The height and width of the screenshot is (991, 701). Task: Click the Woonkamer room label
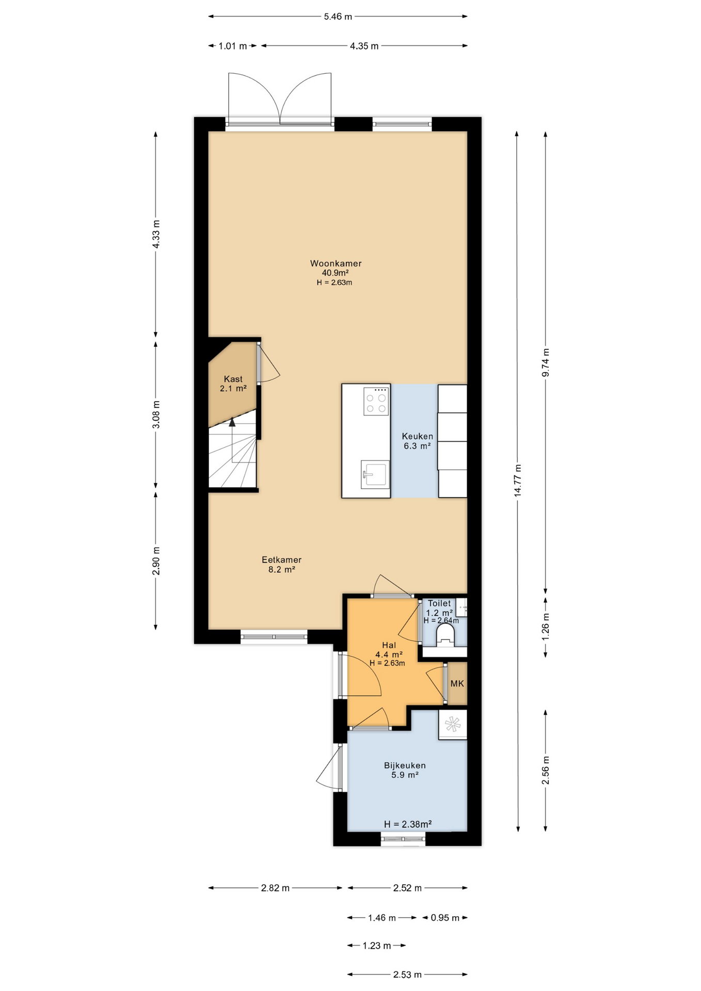[x=336, y=263]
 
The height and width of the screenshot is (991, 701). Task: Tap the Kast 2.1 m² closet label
[x=233, y=383]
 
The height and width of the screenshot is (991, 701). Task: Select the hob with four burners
[x=376, y=402]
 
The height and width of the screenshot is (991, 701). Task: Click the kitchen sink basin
[x=375, y=474]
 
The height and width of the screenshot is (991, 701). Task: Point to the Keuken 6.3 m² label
[x=417, y=441]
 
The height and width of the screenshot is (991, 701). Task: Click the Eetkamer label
[x=281, y=564]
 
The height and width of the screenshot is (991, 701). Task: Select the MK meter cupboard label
[x=457, y=683]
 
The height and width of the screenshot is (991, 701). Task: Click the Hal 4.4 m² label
[x=389, y=649]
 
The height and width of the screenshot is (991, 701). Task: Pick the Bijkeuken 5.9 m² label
[x=405, y=770]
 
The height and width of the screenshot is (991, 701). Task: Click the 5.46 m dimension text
[x=338, y=17]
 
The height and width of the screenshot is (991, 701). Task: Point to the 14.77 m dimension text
[x=518, y=480]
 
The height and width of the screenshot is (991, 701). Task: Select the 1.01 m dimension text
[x=232, y=46]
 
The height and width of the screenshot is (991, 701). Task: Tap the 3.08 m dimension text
[x=156, y=414]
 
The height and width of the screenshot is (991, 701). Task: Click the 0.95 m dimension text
[x=444, y=918]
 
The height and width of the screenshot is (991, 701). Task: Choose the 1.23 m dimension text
[x=376, y=946]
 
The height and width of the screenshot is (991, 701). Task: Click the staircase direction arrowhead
[x=232, y=422]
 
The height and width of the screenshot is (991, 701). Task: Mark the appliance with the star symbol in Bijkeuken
[x=453, y=724]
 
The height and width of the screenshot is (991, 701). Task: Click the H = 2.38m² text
[x=407, y=824]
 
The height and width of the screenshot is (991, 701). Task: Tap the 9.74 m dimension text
[x=546, y=362]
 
